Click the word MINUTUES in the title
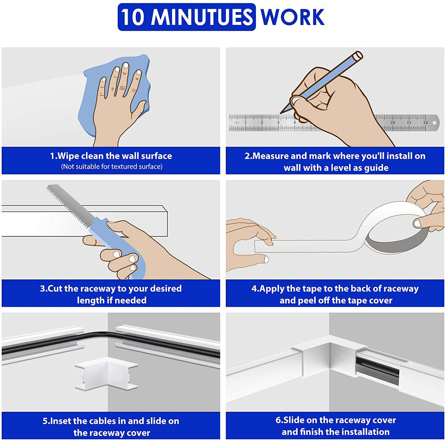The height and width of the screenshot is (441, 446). [202, 17]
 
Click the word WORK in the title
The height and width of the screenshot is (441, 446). [293, 18]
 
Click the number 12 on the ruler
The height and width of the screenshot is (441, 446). [426, 122]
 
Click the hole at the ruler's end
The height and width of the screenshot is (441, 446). [434, 123]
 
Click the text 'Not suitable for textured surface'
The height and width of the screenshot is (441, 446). [112, 166]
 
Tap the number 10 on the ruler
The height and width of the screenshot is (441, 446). [392, 122]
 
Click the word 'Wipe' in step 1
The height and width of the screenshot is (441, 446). [68, 156]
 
